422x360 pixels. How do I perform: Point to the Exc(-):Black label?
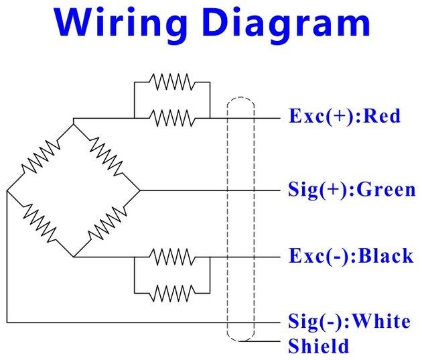(350, 257)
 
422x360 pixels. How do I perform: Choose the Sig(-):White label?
(348, 322)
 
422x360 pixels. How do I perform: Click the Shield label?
(318, 347)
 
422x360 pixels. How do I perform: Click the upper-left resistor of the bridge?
(39, 156)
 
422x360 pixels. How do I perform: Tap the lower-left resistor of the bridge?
(39, 224)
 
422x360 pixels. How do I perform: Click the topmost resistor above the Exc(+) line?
(172, 82)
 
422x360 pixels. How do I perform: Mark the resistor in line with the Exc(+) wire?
(172, 118)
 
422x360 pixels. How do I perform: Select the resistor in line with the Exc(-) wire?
(172, 257)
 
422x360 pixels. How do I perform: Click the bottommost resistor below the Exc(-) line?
(172, 293)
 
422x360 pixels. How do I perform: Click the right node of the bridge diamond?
(139, 190)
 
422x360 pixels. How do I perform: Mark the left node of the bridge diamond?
(6, 190)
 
